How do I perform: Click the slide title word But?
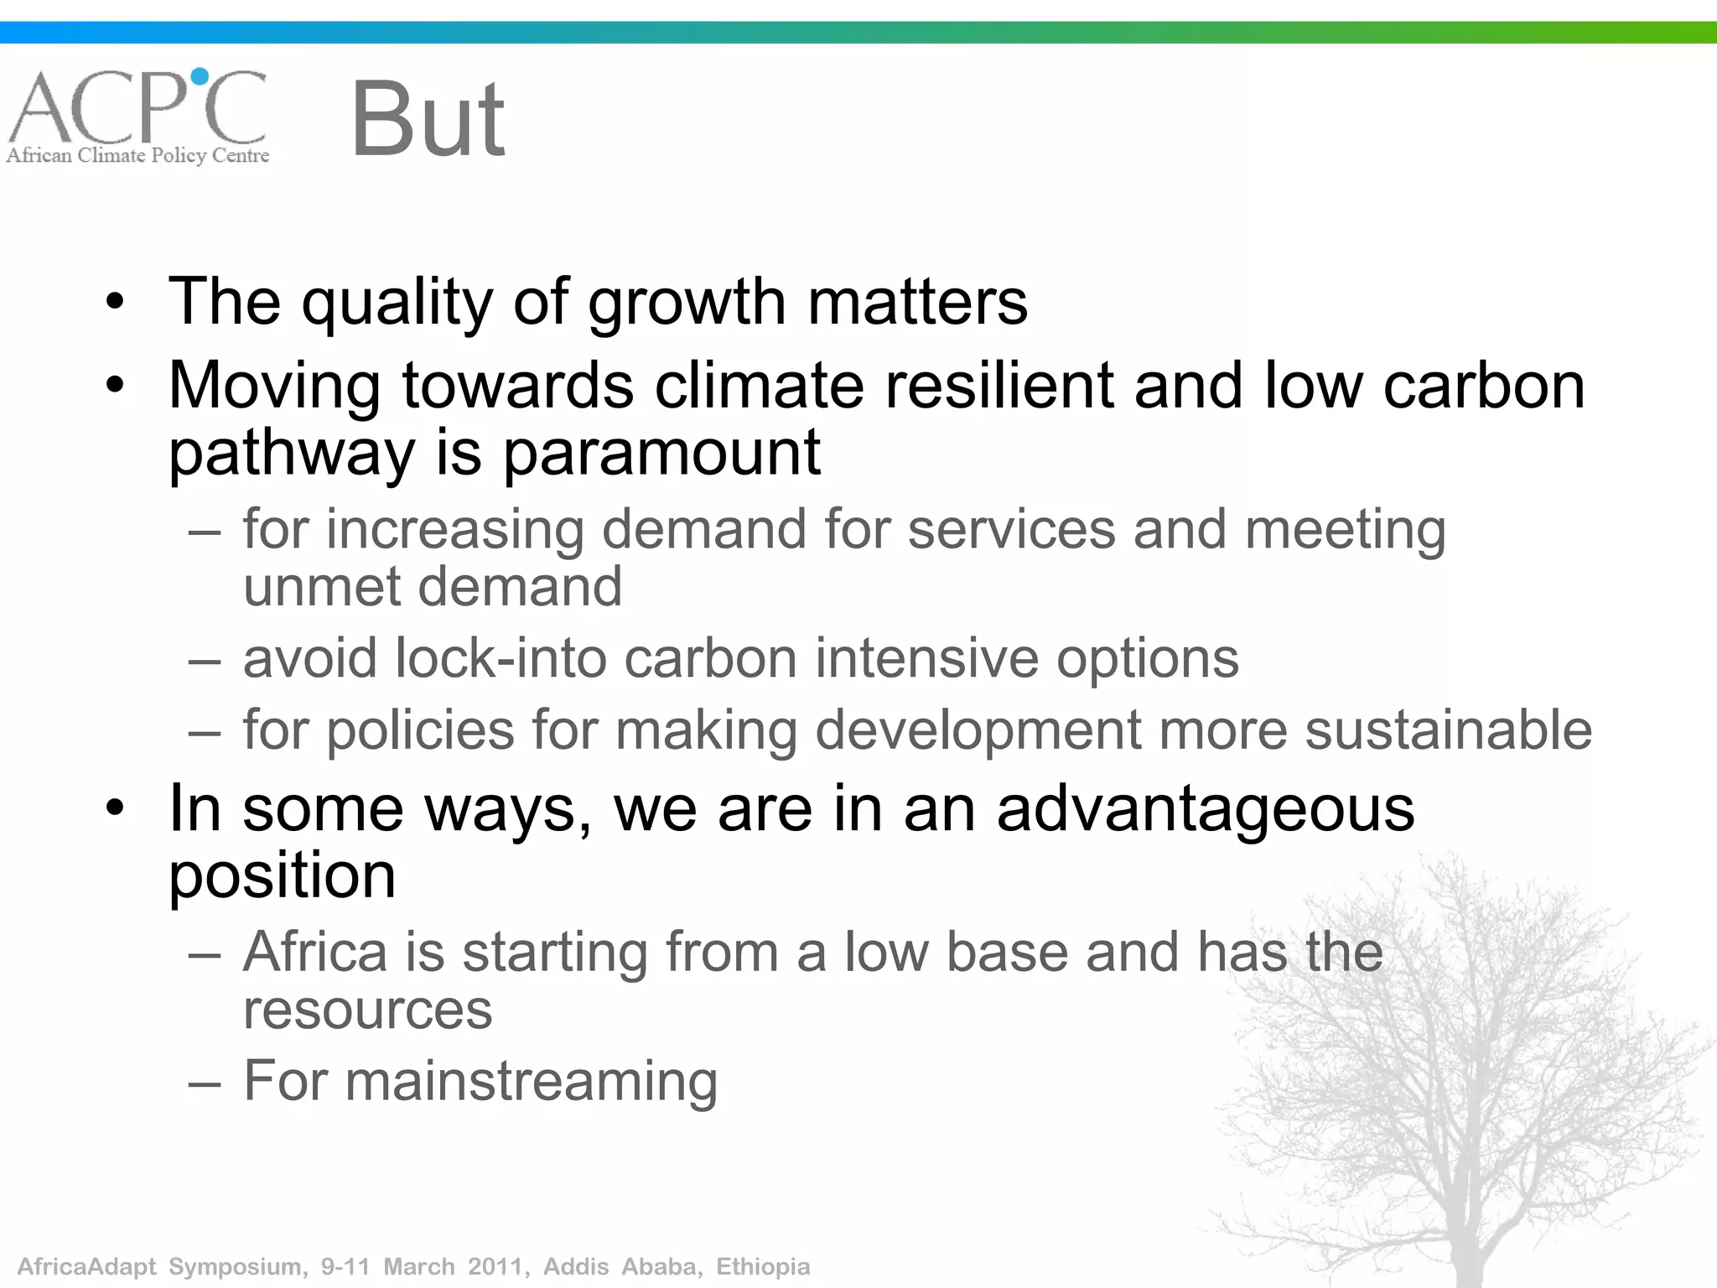[x=428, y=119]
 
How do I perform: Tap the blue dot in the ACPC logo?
[x=200, y=77]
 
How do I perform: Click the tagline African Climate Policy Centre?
[x=137, y=155]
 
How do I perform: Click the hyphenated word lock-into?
[x=501, y=658]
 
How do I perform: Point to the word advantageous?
[x=1206, y=808]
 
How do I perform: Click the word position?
[x=282, y=877]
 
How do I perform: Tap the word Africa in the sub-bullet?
[x=315, y=953]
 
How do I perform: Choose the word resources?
[x=367, y=1010]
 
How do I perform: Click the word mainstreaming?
[x=531, y=1082]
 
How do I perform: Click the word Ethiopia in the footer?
[x=762, y=1266]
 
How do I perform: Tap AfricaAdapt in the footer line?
[x=87, y=1266]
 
